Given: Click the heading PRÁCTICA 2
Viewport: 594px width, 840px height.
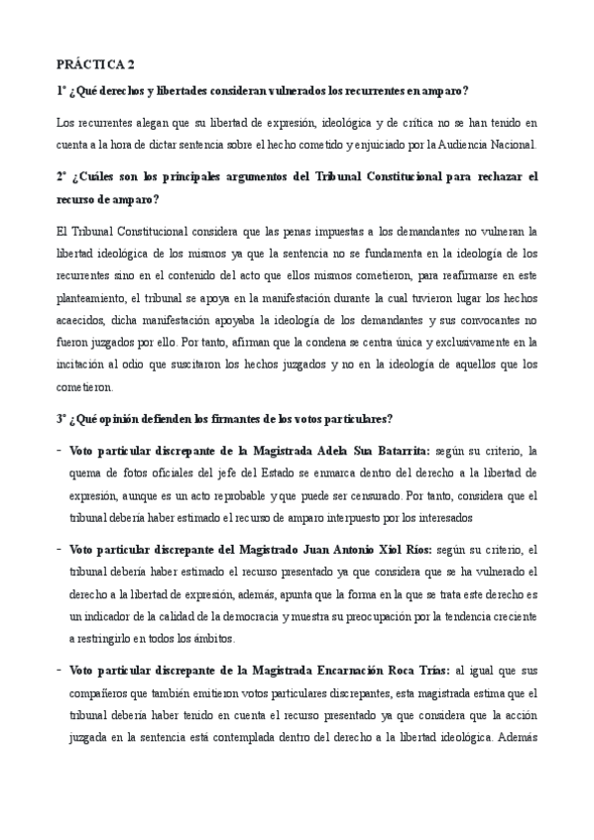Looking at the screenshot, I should pyautogui.click(x=97, y=65).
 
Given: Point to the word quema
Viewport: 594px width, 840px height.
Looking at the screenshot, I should pyautogui.click(x=87, y=472).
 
